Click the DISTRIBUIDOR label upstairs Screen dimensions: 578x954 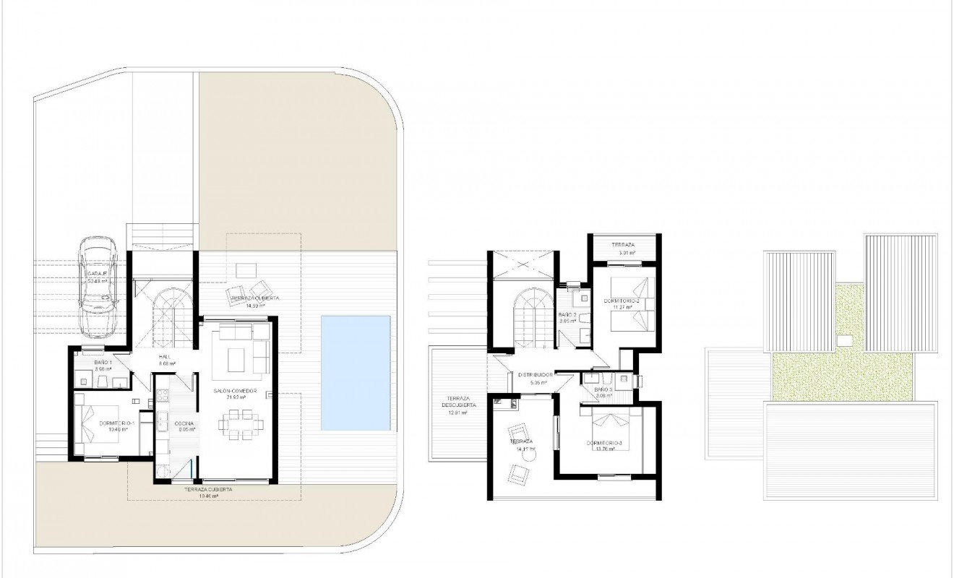point(536,375)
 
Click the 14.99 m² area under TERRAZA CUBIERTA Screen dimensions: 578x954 point(252,306)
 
